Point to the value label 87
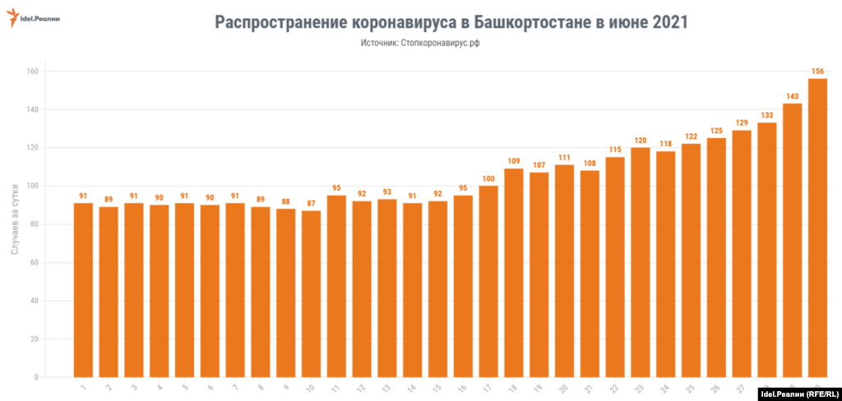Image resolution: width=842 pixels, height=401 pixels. (311, 204)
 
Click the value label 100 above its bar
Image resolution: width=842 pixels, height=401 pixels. (488, 179)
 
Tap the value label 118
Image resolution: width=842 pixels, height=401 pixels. (665, 145)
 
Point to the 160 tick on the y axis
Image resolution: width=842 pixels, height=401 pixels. (32, 71)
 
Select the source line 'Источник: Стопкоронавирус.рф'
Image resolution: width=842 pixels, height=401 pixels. (419, 43)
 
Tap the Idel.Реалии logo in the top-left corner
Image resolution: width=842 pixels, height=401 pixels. (35, 17)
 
